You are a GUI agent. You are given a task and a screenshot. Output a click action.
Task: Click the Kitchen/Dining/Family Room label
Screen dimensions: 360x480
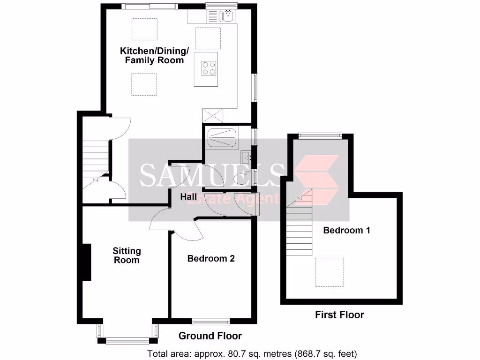click(x=154, y=55)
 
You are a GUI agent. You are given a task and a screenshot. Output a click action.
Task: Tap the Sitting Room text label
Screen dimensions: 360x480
click(x=127, y=256)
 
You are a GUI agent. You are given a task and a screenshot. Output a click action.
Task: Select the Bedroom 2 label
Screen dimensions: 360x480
click(x=211, y=258)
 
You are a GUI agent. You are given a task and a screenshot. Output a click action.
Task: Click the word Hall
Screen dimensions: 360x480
click(x=188, y=197)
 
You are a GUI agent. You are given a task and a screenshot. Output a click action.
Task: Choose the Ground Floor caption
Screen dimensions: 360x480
click(x=210, y=336)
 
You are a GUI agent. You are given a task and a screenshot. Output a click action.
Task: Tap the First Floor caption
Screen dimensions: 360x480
click(x=339, y=315)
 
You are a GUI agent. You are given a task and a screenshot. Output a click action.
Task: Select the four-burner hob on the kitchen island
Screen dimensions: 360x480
click(x=210, y=68)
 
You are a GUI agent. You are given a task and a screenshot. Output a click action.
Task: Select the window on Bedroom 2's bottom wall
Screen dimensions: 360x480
click(x=211, y=321)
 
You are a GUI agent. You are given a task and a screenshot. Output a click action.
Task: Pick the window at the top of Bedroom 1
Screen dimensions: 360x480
click(x=321, y=135)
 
